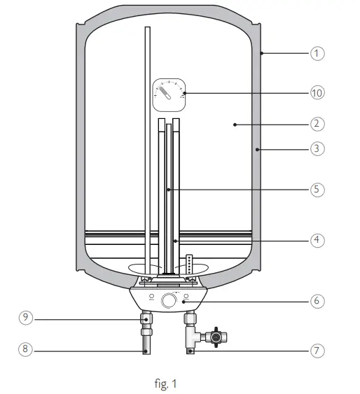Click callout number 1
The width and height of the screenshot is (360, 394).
pos(317,53)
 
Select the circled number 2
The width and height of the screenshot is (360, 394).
pos(317,124)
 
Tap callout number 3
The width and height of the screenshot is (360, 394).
pos(317,148)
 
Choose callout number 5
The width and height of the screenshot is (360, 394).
pos(317,189)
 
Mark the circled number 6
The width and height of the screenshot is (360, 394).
pos(317,301)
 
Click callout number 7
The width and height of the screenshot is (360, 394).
pos(317,349)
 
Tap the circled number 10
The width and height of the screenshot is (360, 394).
pos(317,92)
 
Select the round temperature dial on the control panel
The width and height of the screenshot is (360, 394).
pos(169,302)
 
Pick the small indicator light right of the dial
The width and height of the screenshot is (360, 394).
pos(187,297)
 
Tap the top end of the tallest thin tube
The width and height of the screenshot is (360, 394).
pos(147,29)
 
